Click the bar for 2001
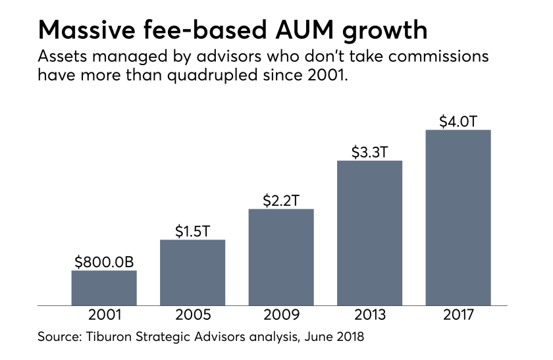click(104, 288)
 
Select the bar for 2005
click(192, 272)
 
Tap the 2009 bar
click(281, 257)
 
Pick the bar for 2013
click(369, 233)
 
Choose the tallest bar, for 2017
click(458, 217)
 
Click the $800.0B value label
click(104, 262)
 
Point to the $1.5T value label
click(192, 231)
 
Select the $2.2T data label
click(281, 201)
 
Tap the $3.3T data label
click(369, 152)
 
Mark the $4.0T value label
click(458, 121)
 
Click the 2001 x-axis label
click(104, 315)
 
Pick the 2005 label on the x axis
click(192, 315)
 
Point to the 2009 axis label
click(281, 315)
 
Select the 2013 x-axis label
click(369, 315)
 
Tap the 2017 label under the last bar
click(458, 315)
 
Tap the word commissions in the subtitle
click(434, 56)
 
